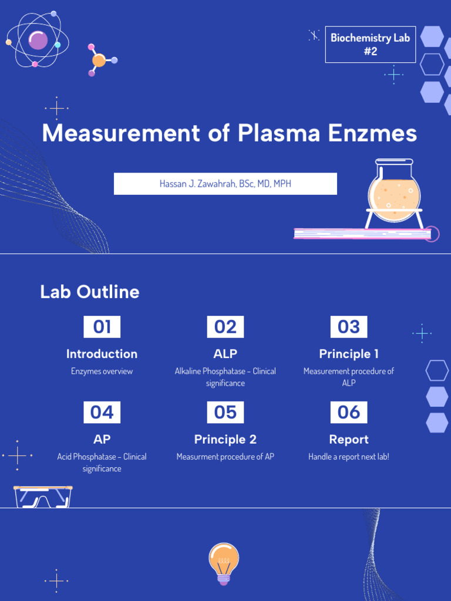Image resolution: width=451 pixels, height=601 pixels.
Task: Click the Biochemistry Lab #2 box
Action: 370,45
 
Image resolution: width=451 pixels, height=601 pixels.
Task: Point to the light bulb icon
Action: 224,562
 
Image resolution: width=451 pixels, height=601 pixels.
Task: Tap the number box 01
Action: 102,327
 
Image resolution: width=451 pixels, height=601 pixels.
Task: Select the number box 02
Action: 225,327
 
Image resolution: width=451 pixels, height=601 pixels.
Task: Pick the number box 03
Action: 348,327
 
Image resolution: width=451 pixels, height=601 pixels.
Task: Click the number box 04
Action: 102,413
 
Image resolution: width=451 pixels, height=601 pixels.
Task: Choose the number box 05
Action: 225,413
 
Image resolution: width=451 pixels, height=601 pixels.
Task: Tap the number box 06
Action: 348,413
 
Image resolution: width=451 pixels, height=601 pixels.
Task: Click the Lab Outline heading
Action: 90,292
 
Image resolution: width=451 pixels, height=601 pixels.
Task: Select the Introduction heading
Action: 102,354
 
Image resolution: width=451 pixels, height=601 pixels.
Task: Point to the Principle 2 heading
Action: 225,440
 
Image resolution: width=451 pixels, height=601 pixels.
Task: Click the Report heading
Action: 348,440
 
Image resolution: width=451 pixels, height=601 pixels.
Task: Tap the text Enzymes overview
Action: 102,372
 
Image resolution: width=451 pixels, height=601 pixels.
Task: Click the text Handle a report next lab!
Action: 348,457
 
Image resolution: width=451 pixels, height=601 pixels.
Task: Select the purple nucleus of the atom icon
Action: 38,40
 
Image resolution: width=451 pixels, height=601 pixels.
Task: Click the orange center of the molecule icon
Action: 99,60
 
